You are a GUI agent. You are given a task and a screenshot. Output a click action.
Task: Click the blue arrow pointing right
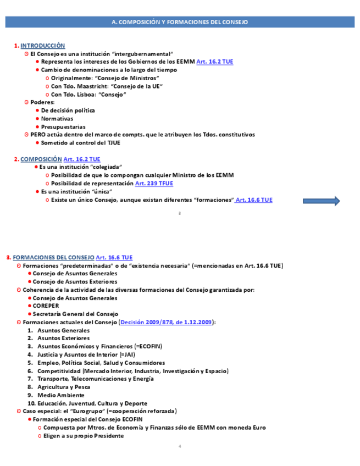point(321,201)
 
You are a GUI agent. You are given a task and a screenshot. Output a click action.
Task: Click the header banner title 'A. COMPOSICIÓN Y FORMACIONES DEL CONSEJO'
point(180,22)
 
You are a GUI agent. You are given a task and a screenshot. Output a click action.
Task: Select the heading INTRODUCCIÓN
point(42,46)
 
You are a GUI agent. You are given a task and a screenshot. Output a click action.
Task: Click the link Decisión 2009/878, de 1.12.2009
point(166,322)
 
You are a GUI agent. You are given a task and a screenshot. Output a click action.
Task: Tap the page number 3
point(180,213)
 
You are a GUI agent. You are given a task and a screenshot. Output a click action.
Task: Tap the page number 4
point(180,446)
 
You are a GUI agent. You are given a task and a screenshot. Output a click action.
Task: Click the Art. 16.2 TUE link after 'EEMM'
point(215,62)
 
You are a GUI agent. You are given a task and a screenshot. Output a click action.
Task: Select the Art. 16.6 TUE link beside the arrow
point(254,200)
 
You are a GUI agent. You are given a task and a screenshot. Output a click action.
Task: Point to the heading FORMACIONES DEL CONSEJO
point(53,257)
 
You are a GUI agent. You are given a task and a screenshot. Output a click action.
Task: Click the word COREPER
point(46,306)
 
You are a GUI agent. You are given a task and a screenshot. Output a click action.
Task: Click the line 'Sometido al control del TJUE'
point(80,143)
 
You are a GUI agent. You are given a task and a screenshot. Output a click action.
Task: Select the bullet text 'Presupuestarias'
point(63,127)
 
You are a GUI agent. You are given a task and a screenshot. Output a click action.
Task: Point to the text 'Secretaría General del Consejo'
point(75,314)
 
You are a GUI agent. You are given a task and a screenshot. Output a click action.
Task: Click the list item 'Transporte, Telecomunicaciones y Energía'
point(95,379)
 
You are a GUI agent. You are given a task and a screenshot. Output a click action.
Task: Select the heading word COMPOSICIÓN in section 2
point(41,159)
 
